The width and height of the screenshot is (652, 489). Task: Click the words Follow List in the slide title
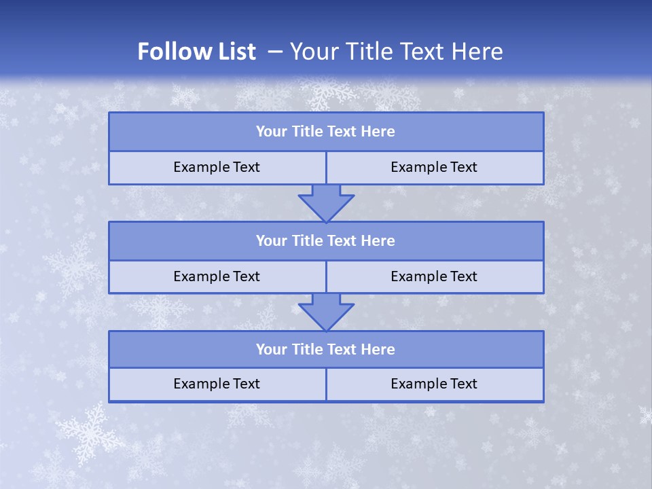[196, 52]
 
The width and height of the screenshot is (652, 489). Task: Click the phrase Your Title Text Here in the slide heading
[397, 52]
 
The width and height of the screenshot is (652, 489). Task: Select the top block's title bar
[326, 132]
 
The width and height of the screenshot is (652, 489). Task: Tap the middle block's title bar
[326, 240]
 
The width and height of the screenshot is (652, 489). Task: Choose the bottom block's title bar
[326, 349]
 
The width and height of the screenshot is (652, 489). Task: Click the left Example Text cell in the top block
[217, 167]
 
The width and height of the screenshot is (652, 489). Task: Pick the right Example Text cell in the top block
[434, 167]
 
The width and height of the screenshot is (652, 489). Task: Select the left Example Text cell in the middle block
[217, 276]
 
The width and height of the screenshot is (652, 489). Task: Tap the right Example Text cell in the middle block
[434, 276]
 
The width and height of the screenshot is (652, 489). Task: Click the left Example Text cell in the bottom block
[217, 384]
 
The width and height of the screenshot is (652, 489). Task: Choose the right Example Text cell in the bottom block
[434, 384]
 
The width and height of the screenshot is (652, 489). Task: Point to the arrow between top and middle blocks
[326, 202]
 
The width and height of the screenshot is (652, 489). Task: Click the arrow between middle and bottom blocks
[326, 312]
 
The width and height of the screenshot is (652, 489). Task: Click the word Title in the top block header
[307, 132]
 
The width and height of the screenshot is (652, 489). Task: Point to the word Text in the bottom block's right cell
[463, 384]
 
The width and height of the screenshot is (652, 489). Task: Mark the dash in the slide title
[275, 52]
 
